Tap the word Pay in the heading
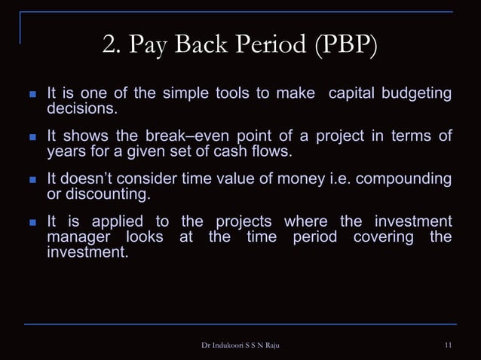point(149,47)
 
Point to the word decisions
point(83,109)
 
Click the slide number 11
point(449,346)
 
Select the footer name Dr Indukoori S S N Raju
point(240,346)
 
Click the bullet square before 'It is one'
point(32,96)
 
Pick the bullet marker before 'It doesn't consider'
point(32,180)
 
